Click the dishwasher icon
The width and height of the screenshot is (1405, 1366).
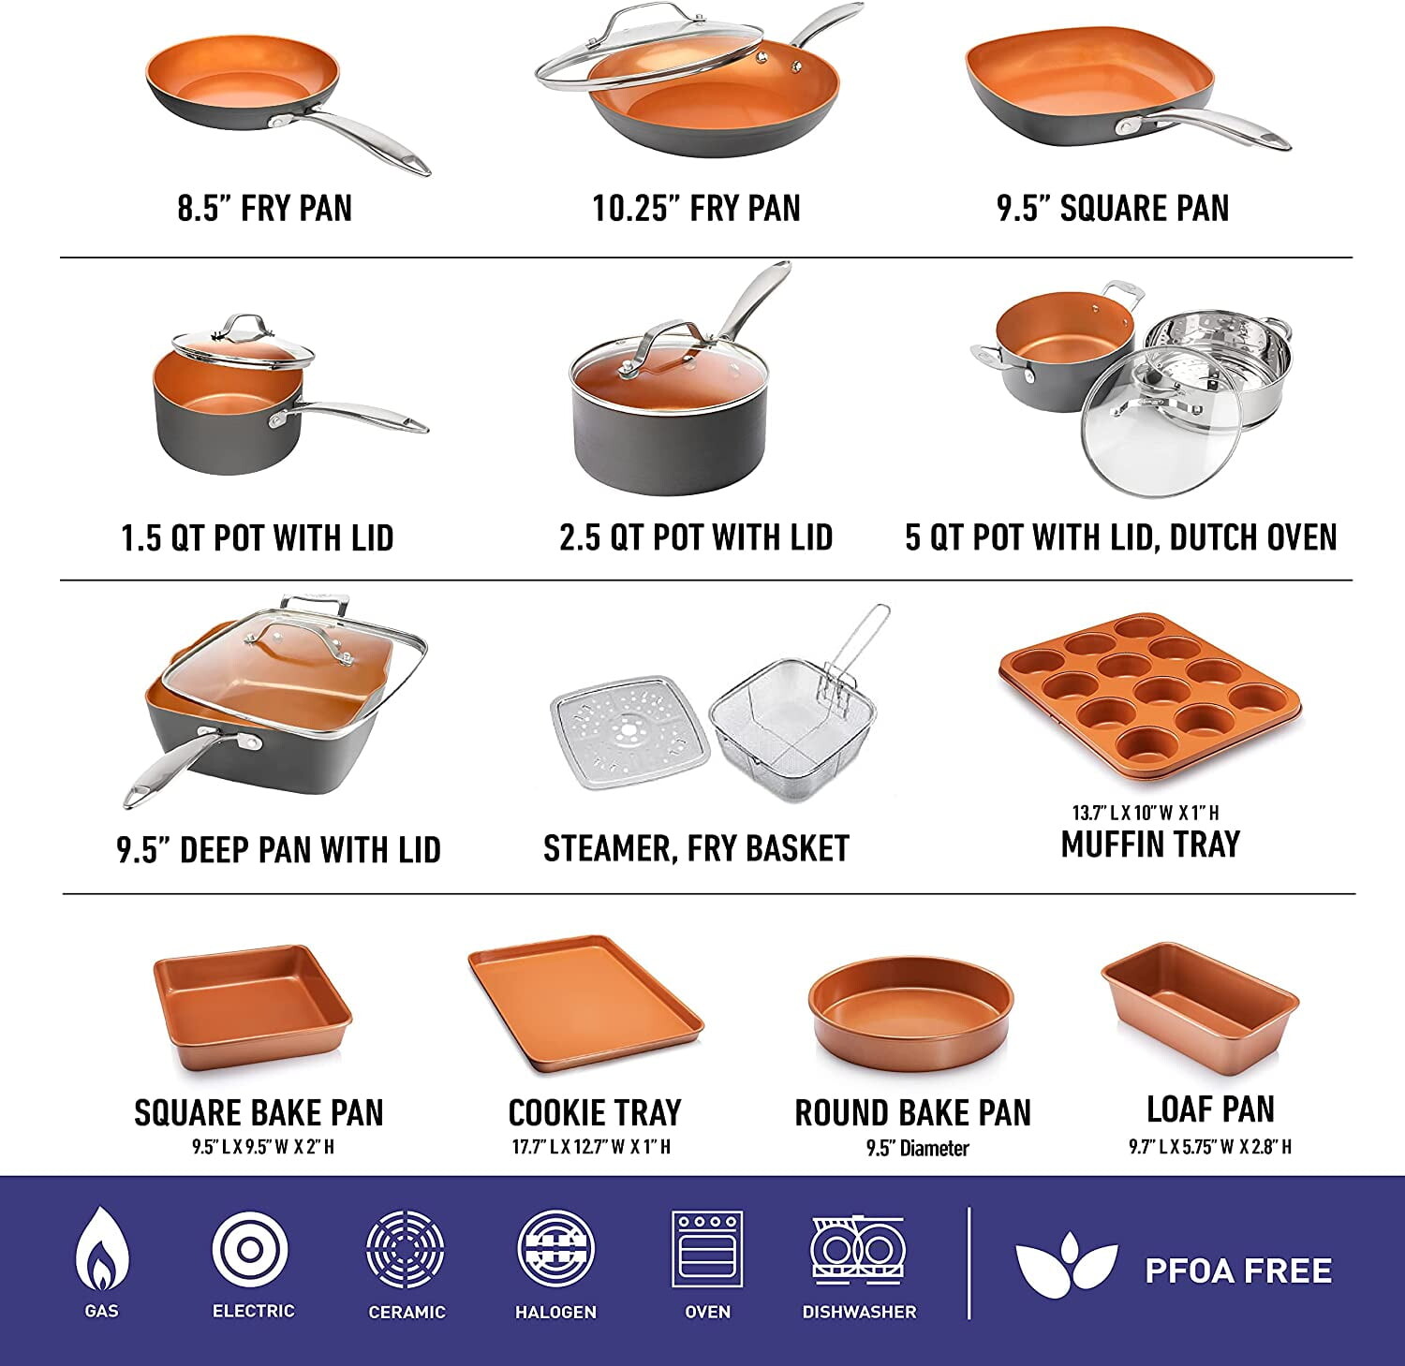tap(859, 1250)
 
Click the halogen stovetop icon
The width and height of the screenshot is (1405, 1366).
tap(555, 1250)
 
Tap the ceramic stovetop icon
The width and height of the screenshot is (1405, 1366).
tap(405, 1250)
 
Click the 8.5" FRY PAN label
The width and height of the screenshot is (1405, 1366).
tap(265, 207)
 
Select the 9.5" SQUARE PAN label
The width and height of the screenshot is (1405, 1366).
tap(1113, 207)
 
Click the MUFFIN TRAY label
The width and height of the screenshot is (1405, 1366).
tap(1150, 844)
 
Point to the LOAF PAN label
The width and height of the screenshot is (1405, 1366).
tap(1210, 1109)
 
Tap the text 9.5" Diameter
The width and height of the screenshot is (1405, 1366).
tap(917, 1148)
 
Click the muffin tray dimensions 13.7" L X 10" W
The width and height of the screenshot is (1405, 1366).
tap(1129, 813)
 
